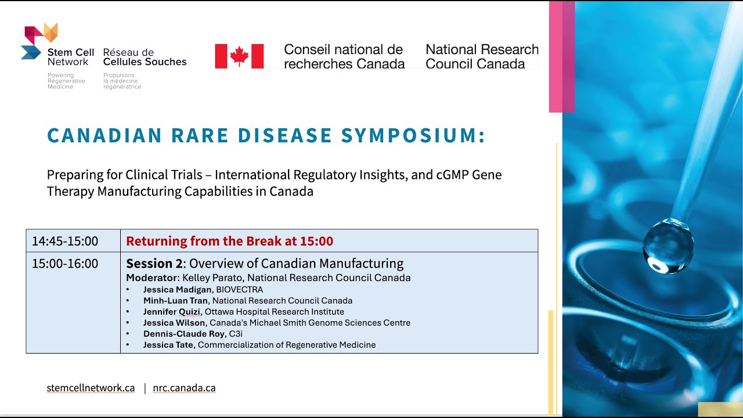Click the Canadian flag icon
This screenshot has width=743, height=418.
[x=239, y=56]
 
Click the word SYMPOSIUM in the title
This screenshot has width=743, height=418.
[x=413, y=135]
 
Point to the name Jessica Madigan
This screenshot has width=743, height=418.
[x=178, y=290]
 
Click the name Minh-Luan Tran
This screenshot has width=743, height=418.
[x=175, y=301]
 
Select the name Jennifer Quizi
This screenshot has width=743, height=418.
[x=171, y=312]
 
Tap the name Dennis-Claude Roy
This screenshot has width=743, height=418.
[x=184, y=334]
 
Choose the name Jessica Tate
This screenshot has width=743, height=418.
[x=168, y=345]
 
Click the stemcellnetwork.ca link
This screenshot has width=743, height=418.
[x=91, y=388]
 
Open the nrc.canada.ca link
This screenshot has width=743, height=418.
[x=184, y=388]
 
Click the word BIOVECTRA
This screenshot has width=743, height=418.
[x=240, y=290]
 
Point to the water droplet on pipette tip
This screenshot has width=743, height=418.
[x=668, y=246]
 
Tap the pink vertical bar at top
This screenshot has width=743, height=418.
[x=561, y=57]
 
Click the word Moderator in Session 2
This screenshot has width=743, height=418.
[x=152, y=278]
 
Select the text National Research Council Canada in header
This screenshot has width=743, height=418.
[x=482, y=56]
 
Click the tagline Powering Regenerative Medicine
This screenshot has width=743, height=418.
[x=66, y=81]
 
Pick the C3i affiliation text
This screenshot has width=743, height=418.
[x=236, y=334]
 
